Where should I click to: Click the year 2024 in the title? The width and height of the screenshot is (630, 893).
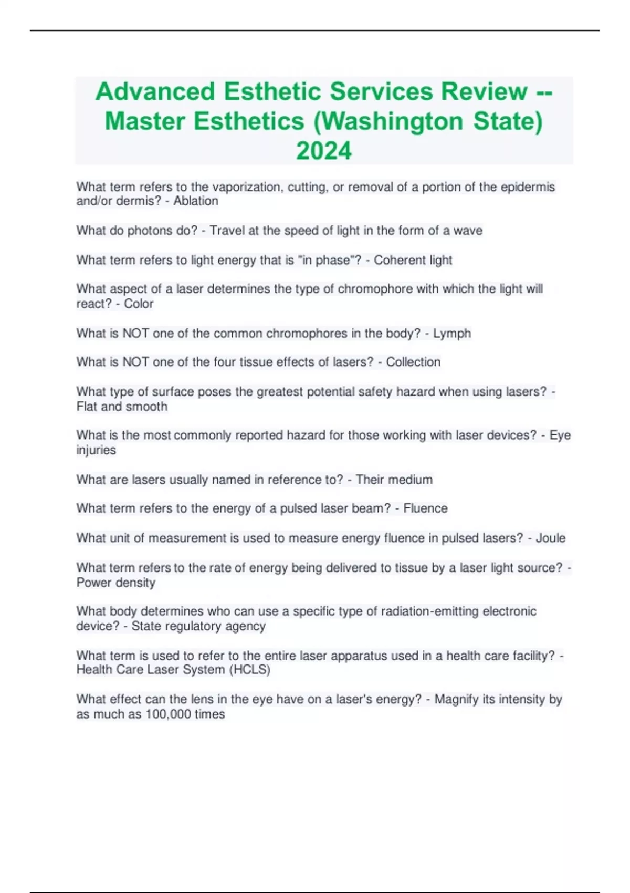coord(324,151)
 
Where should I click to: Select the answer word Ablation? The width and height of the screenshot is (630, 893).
coord(196,201)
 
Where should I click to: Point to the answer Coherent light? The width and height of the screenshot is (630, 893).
coord(413,260)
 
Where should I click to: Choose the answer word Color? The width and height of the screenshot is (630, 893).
coord(139,304)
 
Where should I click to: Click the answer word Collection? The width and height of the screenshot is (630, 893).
coord(413,362)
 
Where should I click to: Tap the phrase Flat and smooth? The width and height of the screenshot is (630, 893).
coord(122,407)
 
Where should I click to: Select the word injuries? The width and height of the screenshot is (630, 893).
coord(96,450)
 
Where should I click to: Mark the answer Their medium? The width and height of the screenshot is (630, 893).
coord(394,480)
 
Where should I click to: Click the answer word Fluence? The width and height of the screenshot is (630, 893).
coord(425,508)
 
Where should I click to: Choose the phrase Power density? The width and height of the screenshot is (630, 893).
coord(116,583)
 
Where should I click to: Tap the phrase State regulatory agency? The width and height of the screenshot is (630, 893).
coord(198,626)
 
